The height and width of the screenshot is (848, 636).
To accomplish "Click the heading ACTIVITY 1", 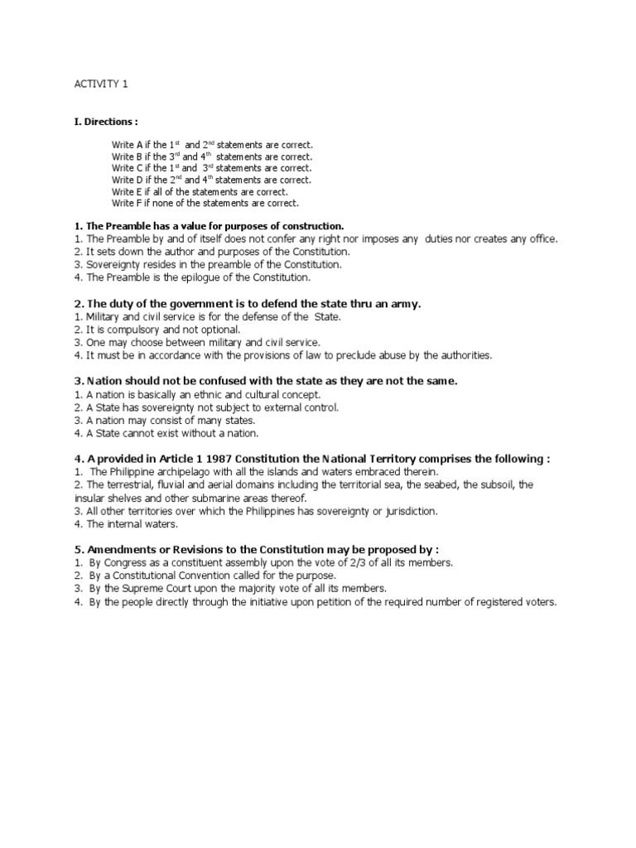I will (102, 84).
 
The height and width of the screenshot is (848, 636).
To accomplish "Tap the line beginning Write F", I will (205, 203).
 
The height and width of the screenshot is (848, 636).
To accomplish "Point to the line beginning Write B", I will (212, 157).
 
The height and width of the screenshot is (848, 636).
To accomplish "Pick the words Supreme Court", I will (162, 589).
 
